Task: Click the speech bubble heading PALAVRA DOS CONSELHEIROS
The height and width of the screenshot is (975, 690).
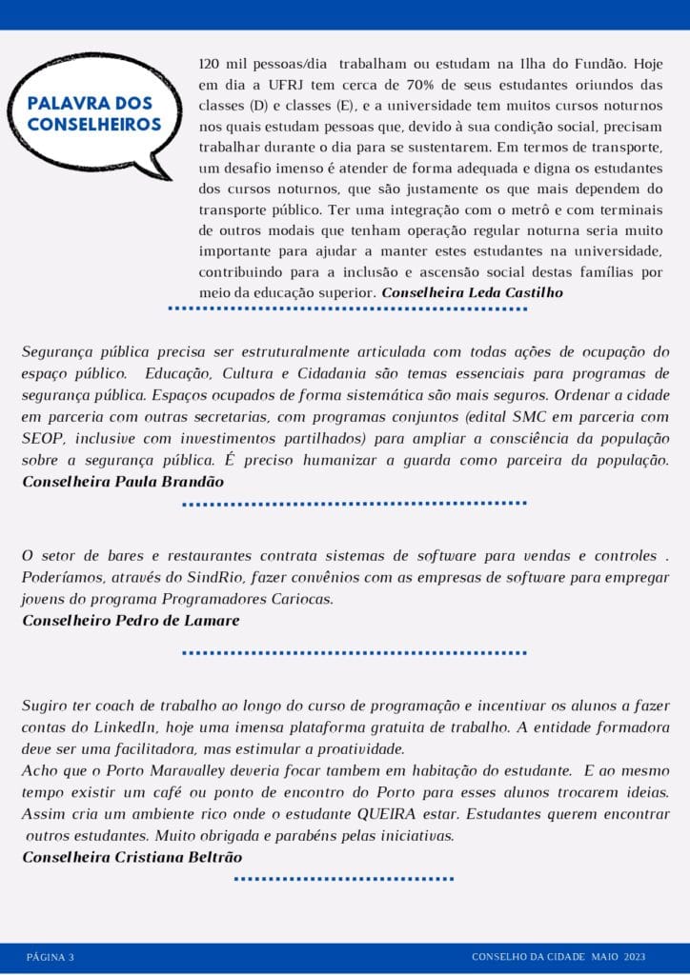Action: [x=94, y=113]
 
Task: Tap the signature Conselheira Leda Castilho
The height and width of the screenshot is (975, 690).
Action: [x=472, y=292]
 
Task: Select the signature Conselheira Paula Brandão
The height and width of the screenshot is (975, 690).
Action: [x=123, y=481]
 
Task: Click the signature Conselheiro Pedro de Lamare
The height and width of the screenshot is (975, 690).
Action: [x=131, y=620]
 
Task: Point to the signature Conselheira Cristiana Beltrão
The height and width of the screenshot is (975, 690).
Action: [x=132, y=856]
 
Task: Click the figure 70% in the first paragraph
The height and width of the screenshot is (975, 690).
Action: [x=368, y=86]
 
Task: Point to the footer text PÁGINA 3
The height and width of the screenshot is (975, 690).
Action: [x=51, y=956]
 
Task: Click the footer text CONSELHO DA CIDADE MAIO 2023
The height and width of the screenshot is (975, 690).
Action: [x=558, y=956]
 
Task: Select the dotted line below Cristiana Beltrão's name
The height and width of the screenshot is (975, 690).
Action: [x=344, y=879]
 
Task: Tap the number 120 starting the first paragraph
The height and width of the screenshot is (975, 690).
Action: [x=209, y=65]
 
